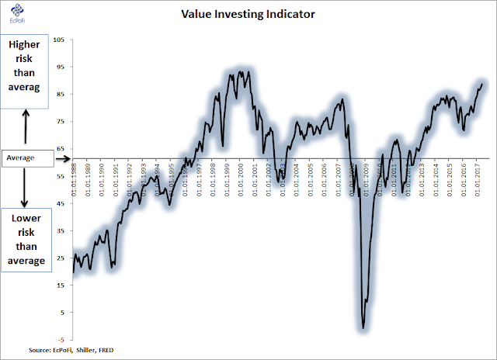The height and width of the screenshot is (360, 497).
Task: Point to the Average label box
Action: (27, 157)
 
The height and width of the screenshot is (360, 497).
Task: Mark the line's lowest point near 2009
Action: (363, 328)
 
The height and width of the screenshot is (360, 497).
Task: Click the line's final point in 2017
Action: (482, 84)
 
